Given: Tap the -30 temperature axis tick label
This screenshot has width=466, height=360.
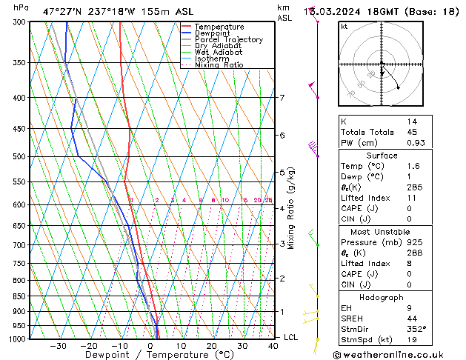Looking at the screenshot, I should (58, 346).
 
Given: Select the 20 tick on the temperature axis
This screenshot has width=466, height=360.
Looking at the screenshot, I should (211, 346).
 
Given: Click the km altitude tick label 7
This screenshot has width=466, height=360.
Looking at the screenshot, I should (282, 98).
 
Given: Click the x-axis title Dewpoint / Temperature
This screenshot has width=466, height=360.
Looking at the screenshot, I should (150, 356).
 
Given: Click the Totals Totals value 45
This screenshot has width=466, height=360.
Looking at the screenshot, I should (413, 132).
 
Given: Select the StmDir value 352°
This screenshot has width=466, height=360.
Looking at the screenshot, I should (416, 329).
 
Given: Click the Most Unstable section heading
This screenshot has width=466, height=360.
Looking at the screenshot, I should (382, 232).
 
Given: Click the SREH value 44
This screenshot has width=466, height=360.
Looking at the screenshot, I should (413, 318).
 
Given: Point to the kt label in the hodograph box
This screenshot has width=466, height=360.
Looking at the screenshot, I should (344, 27).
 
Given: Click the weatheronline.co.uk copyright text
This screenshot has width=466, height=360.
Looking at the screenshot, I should (396, 353).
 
